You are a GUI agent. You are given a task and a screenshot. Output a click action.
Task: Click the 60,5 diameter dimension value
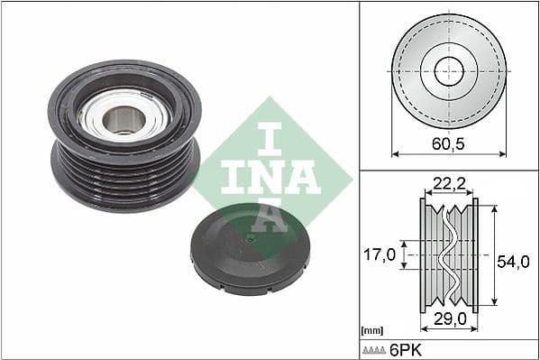pyautogui.click(x=448, y=143)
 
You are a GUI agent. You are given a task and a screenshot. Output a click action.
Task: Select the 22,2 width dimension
pyautogui.click(x=448, y=184)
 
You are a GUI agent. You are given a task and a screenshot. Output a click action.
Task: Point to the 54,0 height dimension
pyautogui.click(x=512, y=261)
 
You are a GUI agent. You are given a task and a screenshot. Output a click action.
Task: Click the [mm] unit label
pyautogui.click(x=371, y=331)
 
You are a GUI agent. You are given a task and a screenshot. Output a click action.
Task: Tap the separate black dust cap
pyautogui.click(x=252, y=254)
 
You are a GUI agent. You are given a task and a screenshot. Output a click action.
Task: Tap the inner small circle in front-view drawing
pyautogui.click(x=448, y=71)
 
